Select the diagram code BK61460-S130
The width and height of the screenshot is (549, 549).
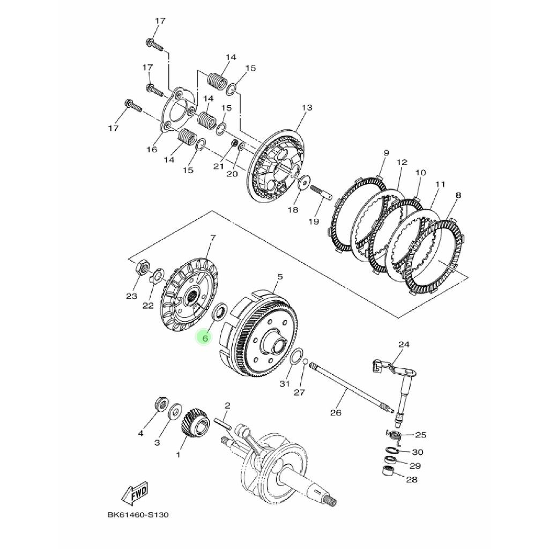click(x=138, y=515)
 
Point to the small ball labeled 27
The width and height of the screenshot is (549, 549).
click(x=305, y=361)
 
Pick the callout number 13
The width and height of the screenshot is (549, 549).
click(x=307, y=107)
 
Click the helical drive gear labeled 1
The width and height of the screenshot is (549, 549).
click(x=195, y=425)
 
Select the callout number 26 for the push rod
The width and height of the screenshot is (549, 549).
click(x=336, y=413)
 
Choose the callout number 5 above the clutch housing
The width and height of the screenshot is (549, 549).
click(x=280, y=277)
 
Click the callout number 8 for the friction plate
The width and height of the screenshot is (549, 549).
click(x=458, y=195)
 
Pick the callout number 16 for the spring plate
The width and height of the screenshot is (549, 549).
click(x=152, y=150)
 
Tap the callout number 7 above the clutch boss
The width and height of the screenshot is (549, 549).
click(x=212, y=238)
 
